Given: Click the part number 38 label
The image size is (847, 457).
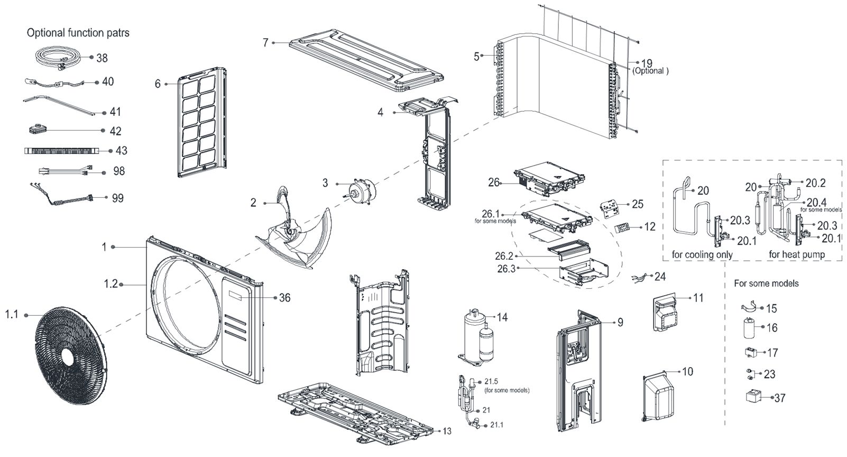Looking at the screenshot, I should pos(102,58).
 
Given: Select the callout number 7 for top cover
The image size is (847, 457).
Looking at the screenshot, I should pos(265,42).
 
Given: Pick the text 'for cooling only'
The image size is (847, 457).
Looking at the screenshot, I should pos(702,254).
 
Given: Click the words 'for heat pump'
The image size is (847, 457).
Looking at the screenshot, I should pos(797,254).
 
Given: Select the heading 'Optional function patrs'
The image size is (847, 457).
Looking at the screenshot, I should pos(78,33).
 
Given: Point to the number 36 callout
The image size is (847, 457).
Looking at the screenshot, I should pos(284,298).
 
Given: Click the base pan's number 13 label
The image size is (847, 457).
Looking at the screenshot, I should pos(447,431).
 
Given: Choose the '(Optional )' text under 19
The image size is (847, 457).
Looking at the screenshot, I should pos(650,71).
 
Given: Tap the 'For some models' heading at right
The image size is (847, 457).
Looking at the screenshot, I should pos(766,283).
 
